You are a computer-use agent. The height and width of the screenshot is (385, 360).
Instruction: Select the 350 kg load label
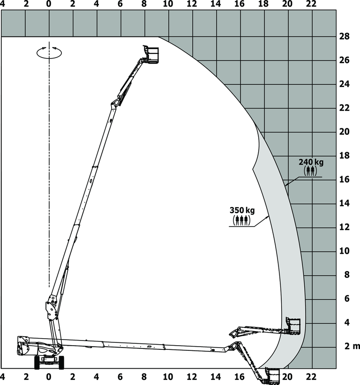(241, 210)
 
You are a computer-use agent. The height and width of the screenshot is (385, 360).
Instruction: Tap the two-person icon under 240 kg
(310, 171)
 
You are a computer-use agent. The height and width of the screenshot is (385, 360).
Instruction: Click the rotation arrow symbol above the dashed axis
(49, 52)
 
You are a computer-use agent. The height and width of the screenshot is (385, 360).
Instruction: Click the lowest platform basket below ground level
(271, 375)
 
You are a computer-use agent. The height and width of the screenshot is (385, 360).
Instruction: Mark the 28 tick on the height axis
(345, 37)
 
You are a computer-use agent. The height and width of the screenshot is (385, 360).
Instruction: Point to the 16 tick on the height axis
(345, 179)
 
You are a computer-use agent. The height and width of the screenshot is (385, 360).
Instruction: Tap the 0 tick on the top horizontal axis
(49, 4)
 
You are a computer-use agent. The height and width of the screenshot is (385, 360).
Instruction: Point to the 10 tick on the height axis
(345, 251)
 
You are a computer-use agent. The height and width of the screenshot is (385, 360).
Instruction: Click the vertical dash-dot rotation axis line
(49, 187)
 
